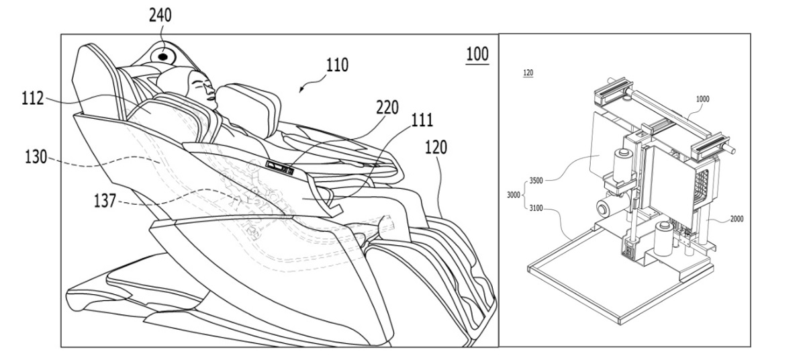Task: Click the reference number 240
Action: click(160, 15)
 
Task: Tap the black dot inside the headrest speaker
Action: click(163, 56)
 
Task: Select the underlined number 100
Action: click(477, 54)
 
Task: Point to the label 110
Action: click(337, 65)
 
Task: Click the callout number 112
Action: click(33, 98)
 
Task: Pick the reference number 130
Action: click(36, 157)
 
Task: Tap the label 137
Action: click(105, 201)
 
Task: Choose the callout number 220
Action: click(387, 107)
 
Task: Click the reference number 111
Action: click(422, 120)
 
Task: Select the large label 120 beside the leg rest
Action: click(436, 147)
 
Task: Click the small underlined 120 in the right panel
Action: click(528, 73)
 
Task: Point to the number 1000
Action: click(702, 99)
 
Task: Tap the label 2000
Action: click(737, 219)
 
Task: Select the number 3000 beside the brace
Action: click(514, 195)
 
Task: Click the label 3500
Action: click(536, 181)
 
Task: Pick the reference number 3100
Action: click(536, 208)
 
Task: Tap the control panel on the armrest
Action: click(279, 167)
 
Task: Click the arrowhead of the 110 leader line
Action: click(301, 90)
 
